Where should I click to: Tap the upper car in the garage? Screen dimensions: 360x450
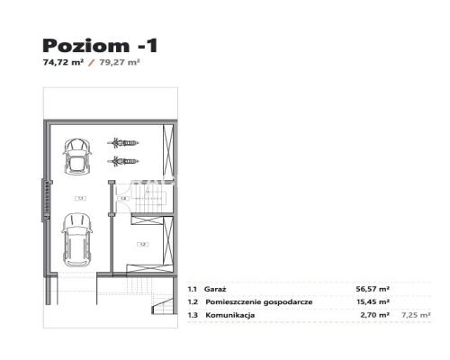tap(78, 156)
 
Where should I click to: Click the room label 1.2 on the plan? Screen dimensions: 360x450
tap(141, 243)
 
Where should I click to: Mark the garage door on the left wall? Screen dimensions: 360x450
tap(41, 201)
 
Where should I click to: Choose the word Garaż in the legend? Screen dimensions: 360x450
tap(217, 289)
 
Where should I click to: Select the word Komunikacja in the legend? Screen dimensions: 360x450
tap(230, 315)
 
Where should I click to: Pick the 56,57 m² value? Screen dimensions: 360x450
tap(372, 289)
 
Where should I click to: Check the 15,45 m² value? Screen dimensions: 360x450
tap(372, 302)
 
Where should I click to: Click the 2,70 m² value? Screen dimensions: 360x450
tap(374, 315)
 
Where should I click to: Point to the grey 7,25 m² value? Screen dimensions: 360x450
tap(416, 315)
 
